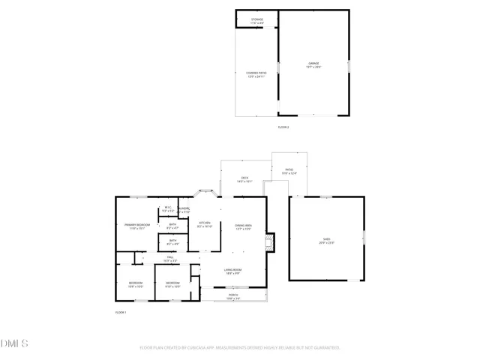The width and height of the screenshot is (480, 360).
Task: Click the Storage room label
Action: (256, 21)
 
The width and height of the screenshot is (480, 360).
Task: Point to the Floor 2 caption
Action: (283, 127)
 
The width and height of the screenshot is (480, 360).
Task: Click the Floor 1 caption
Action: (121, 312)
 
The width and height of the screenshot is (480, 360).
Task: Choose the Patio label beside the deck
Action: (289, 172)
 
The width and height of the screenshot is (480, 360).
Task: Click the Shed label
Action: (327, 241)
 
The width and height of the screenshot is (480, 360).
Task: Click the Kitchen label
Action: (204, 224)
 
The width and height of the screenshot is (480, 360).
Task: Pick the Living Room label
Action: (232, 271)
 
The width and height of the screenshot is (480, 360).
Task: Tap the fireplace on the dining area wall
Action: (272, 241)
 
